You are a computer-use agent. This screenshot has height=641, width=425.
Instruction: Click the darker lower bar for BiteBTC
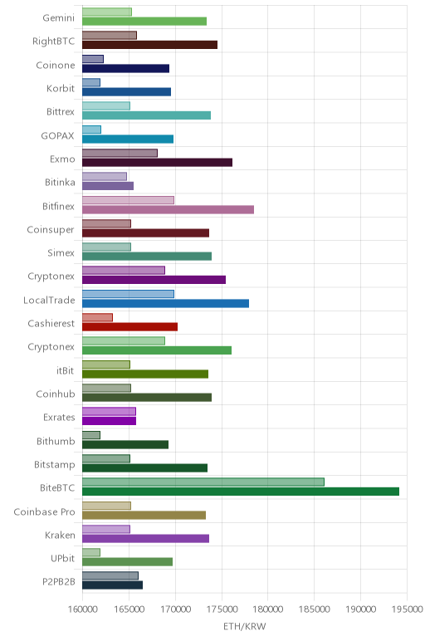coord(241,492)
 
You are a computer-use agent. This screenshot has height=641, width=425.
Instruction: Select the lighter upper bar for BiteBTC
coord(203,482)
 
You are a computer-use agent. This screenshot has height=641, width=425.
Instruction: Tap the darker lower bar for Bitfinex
coord(168,210)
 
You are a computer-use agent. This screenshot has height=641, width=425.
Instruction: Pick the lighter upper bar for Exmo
coord(120,154)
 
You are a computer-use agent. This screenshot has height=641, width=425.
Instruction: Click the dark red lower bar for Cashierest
coord(130,327)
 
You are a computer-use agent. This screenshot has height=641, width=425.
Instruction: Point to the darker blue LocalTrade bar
coord(165,303)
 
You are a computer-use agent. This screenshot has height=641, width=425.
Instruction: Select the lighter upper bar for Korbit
coord(91,82)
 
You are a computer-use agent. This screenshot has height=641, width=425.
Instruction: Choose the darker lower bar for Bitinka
coord(108,186)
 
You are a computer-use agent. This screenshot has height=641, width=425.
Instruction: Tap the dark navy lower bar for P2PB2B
coord(112,585)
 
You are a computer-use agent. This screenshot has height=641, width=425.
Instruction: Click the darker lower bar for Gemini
coord(144,22)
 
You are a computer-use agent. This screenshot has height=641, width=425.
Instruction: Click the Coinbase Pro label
coord(44,511)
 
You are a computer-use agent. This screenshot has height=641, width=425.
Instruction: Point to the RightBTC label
coord(53,41)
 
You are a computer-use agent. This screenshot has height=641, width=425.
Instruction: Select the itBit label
coord(66,370)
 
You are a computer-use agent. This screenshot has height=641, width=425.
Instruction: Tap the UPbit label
coord(62,558)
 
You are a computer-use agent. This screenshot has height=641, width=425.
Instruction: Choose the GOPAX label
coord(57,135)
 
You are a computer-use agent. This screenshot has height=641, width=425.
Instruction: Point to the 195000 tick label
coord(407,609)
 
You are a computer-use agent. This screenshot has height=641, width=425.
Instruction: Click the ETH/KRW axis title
coord(244,626)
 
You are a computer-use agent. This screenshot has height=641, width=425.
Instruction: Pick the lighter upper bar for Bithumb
coord(91,435)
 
